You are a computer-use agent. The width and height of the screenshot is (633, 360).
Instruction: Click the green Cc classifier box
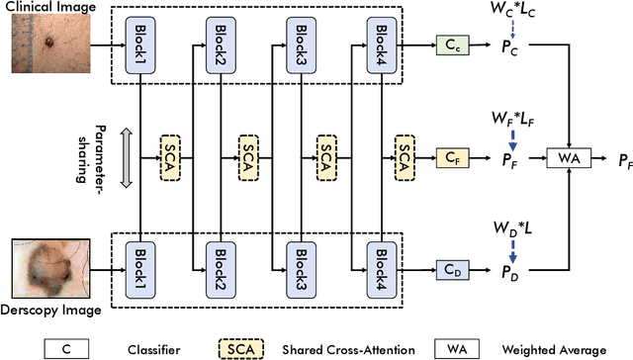(x=454, y=45)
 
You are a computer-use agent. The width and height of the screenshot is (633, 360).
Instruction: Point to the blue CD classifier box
(x=454, y=267)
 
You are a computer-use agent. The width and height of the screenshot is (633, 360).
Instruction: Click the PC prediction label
(x=511, y=45)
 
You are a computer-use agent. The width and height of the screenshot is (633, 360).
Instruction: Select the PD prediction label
(x=511, y=268)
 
